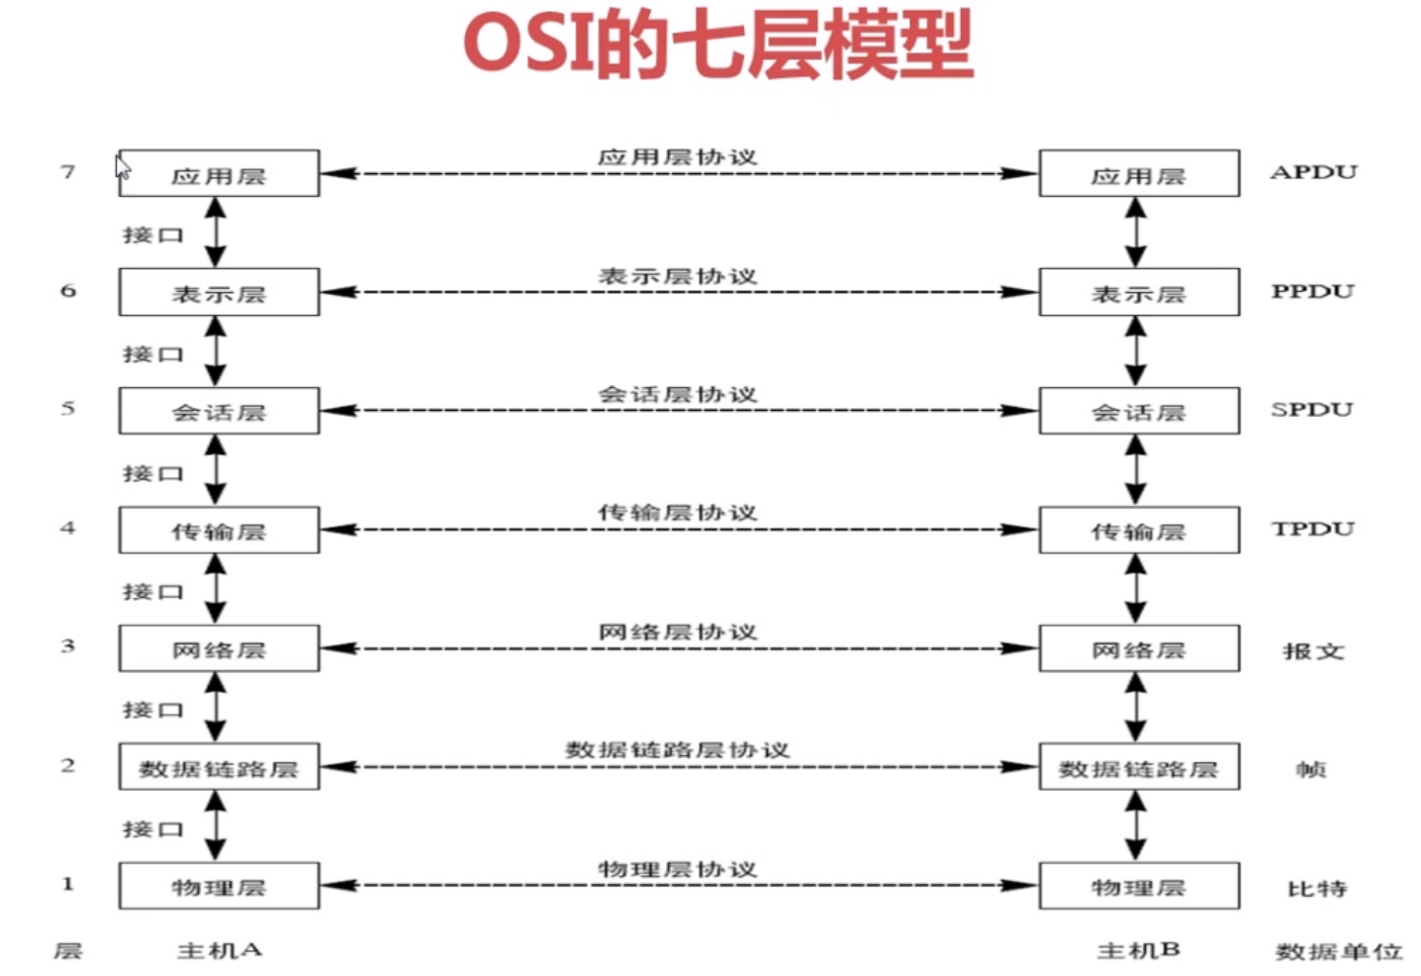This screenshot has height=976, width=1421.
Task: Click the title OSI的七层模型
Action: point(718,46)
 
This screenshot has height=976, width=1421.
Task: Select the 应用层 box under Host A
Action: point(219,174)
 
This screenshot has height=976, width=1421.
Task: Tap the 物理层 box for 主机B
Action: point(1138,886)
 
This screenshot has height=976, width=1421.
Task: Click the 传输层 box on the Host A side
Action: point(219,531)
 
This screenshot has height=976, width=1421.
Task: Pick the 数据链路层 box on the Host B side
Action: point(1138,768)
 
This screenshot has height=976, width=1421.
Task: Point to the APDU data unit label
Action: point(1313,172)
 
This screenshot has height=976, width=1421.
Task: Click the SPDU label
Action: point(1311,410)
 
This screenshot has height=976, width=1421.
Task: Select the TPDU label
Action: point(1312,529)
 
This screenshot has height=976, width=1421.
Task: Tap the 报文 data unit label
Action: point(1313,650)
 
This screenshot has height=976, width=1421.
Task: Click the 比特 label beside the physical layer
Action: point(1316,888)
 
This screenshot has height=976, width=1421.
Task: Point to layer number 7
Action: point(67,172)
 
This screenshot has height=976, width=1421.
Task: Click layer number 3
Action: point(67,646)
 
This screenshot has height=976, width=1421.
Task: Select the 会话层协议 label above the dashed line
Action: point(677,394)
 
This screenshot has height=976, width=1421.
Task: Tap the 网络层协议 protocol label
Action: point(677,632)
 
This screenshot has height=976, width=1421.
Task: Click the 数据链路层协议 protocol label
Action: point(677,750)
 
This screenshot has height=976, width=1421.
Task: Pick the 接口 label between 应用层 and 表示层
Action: point(152,235)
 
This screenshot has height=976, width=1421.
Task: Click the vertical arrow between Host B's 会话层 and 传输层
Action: point(1136,470)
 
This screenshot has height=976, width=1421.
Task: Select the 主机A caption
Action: point(219,950)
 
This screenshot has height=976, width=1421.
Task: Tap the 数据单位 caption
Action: point(1338,951)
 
